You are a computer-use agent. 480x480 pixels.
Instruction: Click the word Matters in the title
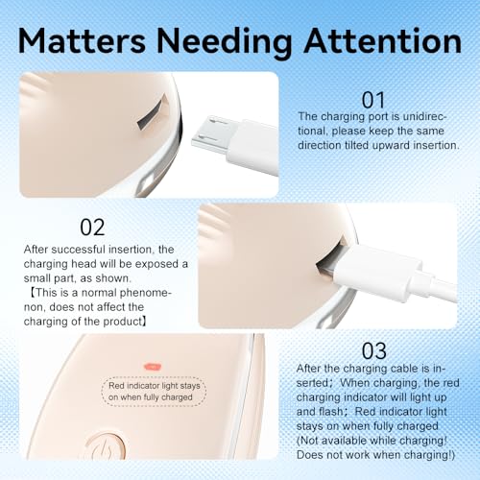(x=82, y=40)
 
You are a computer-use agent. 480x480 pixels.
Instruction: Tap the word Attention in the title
(x=382, y=40)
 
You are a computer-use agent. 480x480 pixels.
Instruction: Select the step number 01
(x=373, y=101)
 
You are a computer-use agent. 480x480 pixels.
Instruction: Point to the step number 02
(x=92, y=228)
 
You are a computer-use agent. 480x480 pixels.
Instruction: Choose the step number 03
(x=373, y=351)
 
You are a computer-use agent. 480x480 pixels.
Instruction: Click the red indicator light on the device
(x=153, y=367)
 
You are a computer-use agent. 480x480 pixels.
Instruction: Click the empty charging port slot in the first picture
(x=152, y=112)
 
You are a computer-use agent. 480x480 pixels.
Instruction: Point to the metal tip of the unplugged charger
(x=209, y=133)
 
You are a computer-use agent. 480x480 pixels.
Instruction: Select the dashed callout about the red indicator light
(x=154, y=392)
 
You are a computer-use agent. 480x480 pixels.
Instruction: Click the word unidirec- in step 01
(x=424, y=116)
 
